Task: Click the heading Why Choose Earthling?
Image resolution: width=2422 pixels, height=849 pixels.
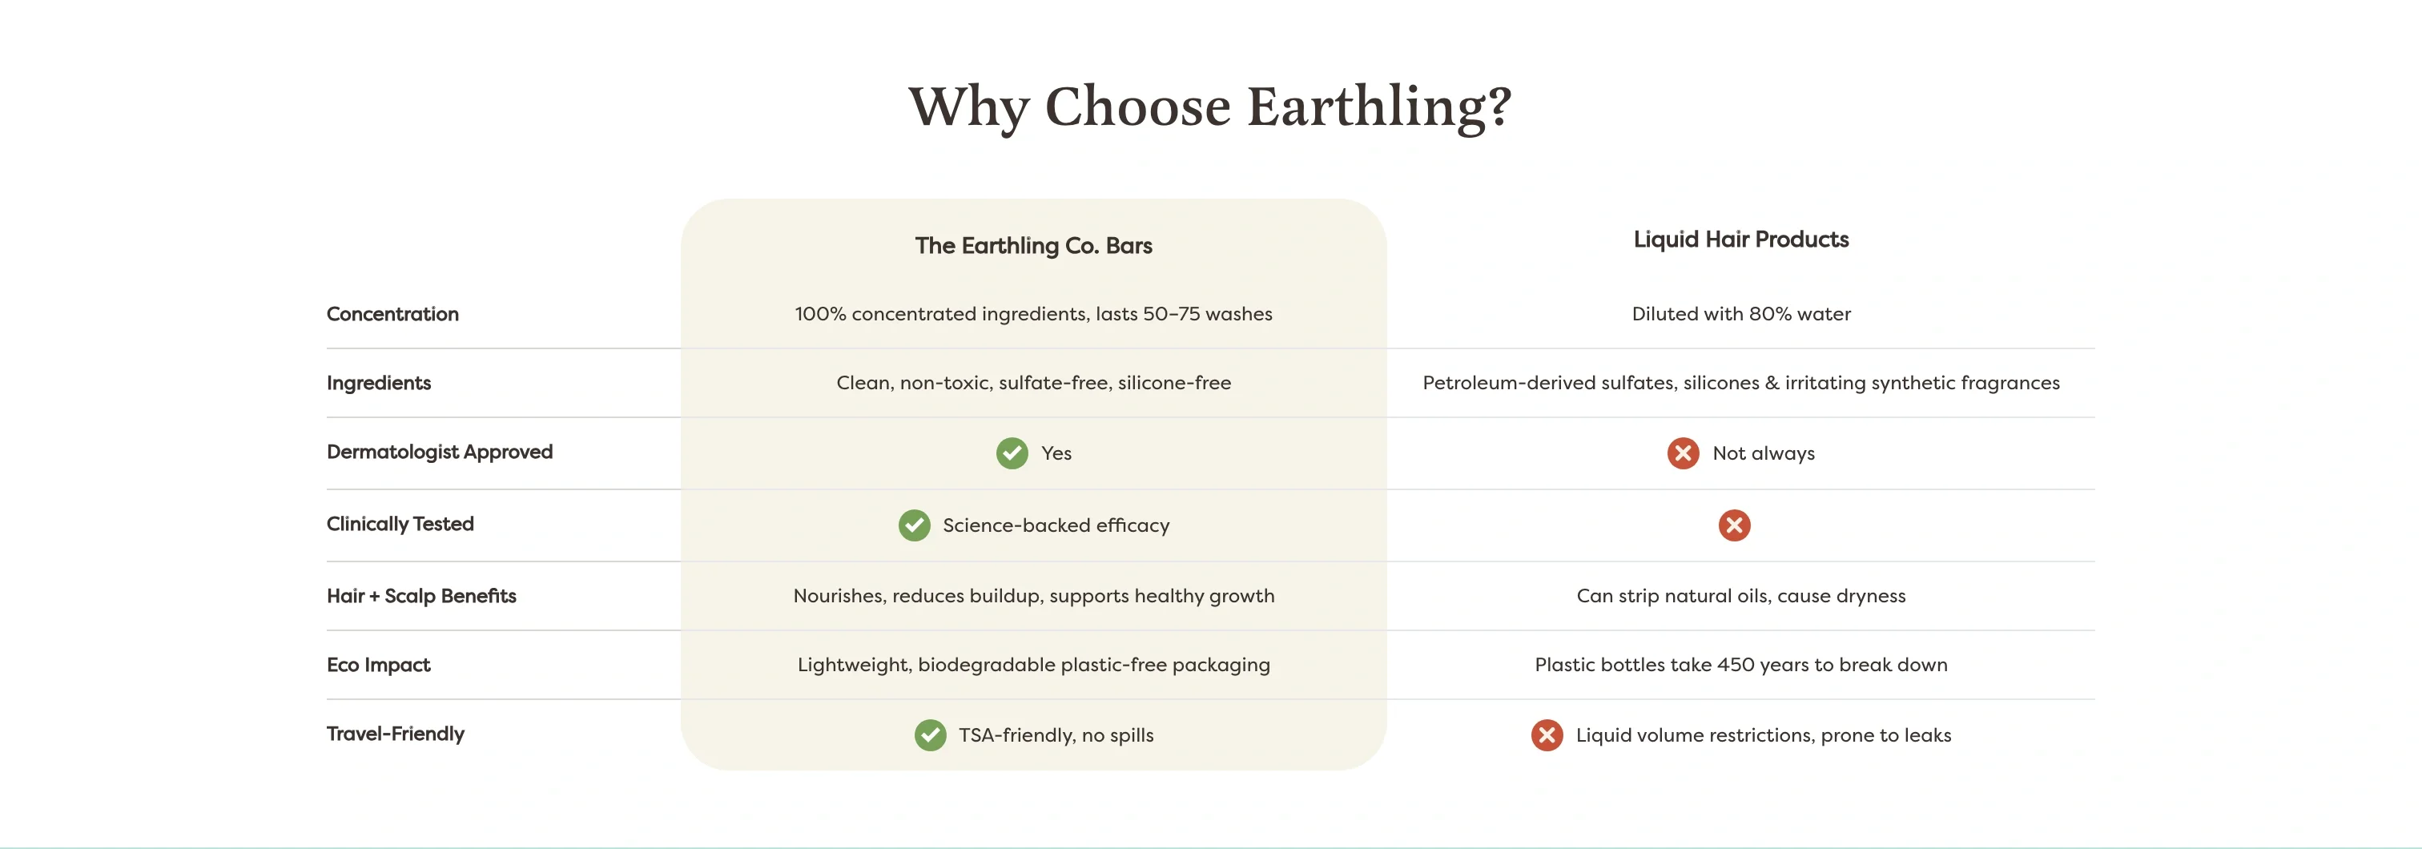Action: [1210, 107]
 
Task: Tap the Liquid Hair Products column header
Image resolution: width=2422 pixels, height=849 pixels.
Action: [1740, 239]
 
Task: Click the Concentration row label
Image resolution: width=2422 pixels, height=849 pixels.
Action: [392, 314]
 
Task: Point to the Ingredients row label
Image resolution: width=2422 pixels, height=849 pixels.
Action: [378, 383]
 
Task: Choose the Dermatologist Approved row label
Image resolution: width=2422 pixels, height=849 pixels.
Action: [439, 453]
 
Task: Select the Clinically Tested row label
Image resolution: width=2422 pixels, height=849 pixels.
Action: [400, 524]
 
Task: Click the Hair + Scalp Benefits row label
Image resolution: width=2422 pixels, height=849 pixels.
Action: [421, 596]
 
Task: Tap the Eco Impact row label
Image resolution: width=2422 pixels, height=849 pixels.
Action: [378, 665]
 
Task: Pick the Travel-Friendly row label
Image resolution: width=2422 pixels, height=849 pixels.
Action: [395, 734]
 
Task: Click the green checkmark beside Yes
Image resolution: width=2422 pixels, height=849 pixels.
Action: [1012, 453]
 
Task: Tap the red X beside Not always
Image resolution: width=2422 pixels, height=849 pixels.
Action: [1682, 453]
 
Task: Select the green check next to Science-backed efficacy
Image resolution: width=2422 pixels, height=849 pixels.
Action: [914, 525]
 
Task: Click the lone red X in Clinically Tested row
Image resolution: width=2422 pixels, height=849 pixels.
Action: [1734, 525]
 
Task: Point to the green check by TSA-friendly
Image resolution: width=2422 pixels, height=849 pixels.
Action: [930, 735]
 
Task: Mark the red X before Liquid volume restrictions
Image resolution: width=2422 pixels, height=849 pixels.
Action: [1547, 735]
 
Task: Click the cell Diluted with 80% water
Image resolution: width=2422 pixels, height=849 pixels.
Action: [1740, 314]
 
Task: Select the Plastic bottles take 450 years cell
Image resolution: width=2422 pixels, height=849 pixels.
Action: [1740, 665]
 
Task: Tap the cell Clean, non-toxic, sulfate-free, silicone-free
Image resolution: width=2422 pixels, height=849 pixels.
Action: [1033, 383]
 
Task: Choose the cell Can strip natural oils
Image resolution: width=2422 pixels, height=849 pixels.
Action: [1740, 596]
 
